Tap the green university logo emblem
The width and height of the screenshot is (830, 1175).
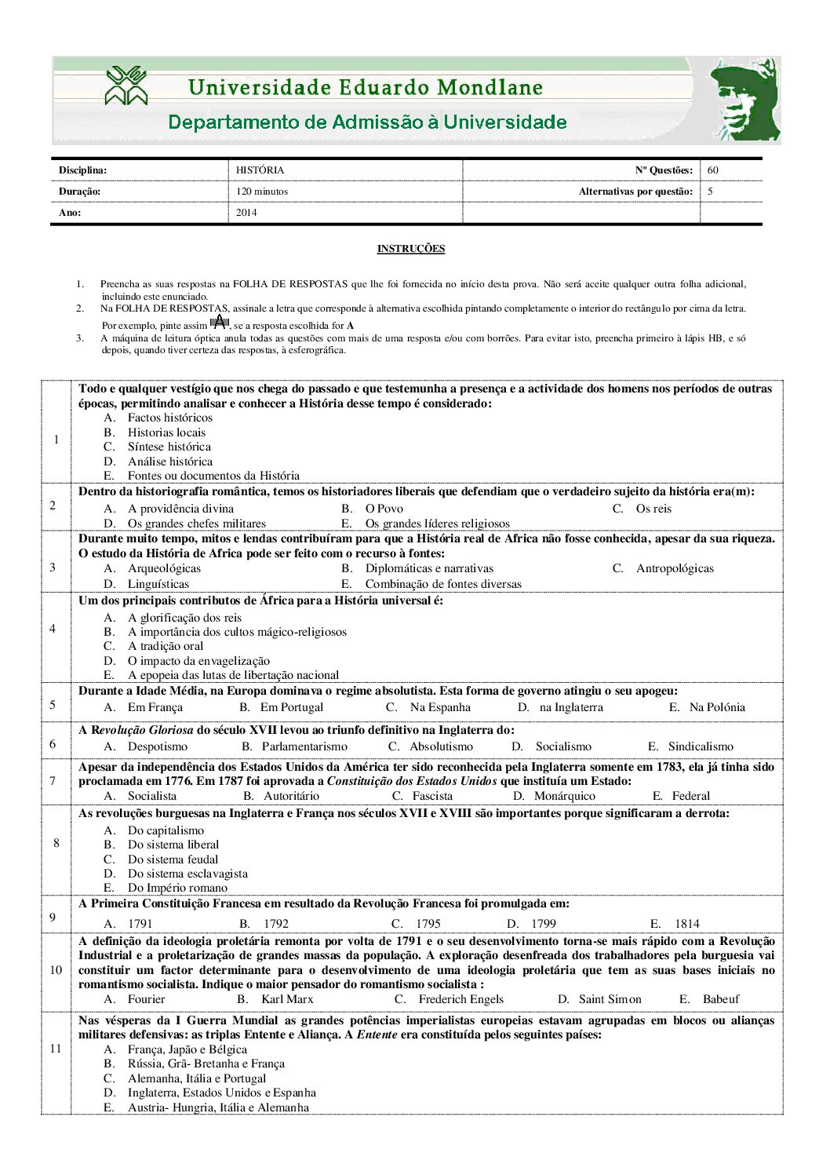(126, 86)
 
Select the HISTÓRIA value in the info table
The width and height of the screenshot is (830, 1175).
(260, 170)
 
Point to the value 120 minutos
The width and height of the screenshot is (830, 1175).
(262, 192)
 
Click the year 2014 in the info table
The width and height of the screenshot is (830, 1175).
(246, 213)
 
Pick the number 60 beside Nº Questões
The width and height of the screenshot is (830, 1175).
(712, 170)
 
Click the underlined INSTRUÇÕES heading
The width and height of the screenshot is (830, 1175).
(410, 249)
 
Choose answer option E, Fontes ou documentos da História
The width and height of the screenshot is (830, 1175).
(213, 476)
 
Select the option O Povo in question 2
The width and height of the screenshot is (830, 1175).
(384, 509)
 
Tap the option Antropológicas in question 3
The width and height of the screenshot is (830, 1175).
(675, 568)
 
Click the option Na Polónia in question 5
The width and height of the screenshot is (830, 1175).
(717, 707)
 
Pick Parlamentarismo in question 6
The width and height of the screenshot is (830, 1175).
(304, 746)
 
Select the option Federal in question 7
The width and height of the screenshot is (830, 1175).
(690, 796)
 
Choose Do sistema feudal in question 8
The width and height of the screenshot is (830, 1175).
(173, 859)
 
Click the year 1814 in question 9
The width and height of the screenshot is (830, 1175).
(686, 924)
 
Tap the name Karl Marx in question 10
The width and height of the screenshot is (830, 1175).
(287, 999)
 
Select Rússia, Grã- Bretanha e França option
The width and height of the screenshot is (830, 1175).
(206, 1064)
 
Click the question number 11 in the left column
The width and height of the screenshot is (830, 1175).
(56, 1049)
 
